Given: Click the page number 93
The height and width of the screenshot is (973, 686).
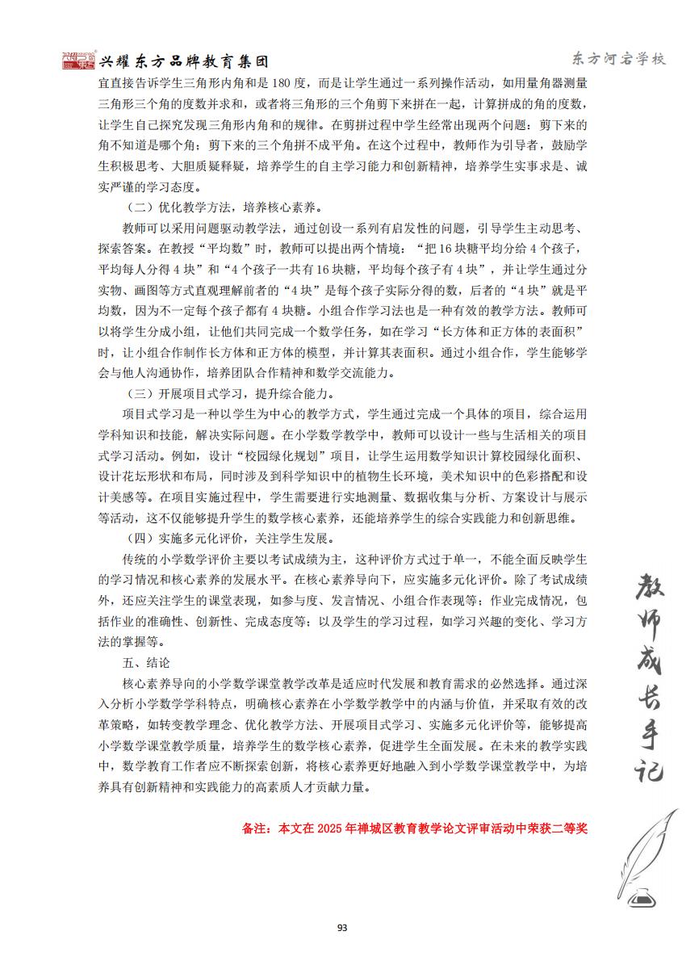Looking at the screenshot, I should (x=342, y=927).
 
